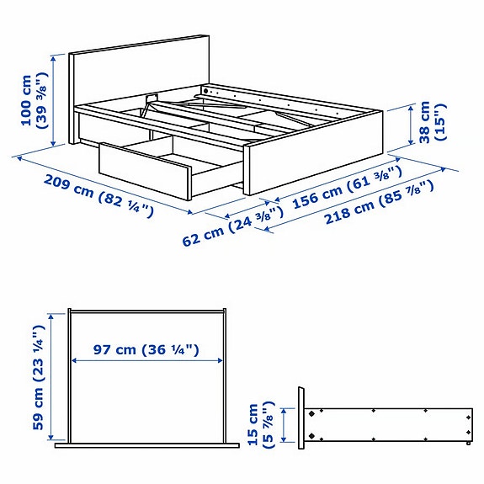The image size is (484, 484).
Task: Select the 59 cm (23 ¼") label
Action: point(36,375)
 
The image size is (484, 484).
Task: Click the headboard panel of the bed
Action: point(139,72)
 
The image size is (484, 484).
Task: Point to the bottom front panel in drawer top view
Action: point(147,443)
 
